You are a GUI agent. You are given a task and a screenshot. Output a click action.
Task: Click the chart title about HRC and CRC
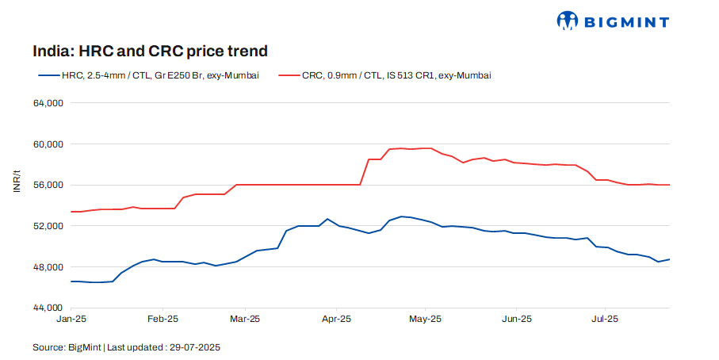point(150,51)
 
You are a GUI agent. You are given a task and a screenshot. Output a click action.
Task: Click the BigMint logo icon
point(568,21)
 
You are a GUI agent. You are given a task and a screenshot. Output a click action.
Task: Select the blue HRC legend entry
point(149,75)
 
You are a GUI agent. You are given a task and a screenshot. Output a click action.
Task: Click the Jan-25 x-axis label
point(72,319)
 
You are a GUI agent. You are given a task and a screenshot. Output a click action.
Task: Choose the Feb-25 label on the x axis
point(162,319)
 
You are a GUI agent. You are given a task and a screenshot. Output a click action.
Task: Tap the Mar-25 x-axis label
point(245,319)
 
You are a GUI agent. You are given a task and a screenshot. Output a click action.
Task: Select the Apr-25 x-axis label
point(336,319)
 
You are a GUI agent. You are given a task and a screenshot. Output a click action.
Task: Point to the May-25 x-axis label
point(425,319)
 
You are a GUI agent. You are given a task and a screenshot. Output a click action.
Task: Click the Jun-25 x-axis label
point(516,319)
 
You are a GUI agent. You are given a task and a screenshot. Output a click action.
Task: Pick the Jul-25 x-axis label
point(605,319)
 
